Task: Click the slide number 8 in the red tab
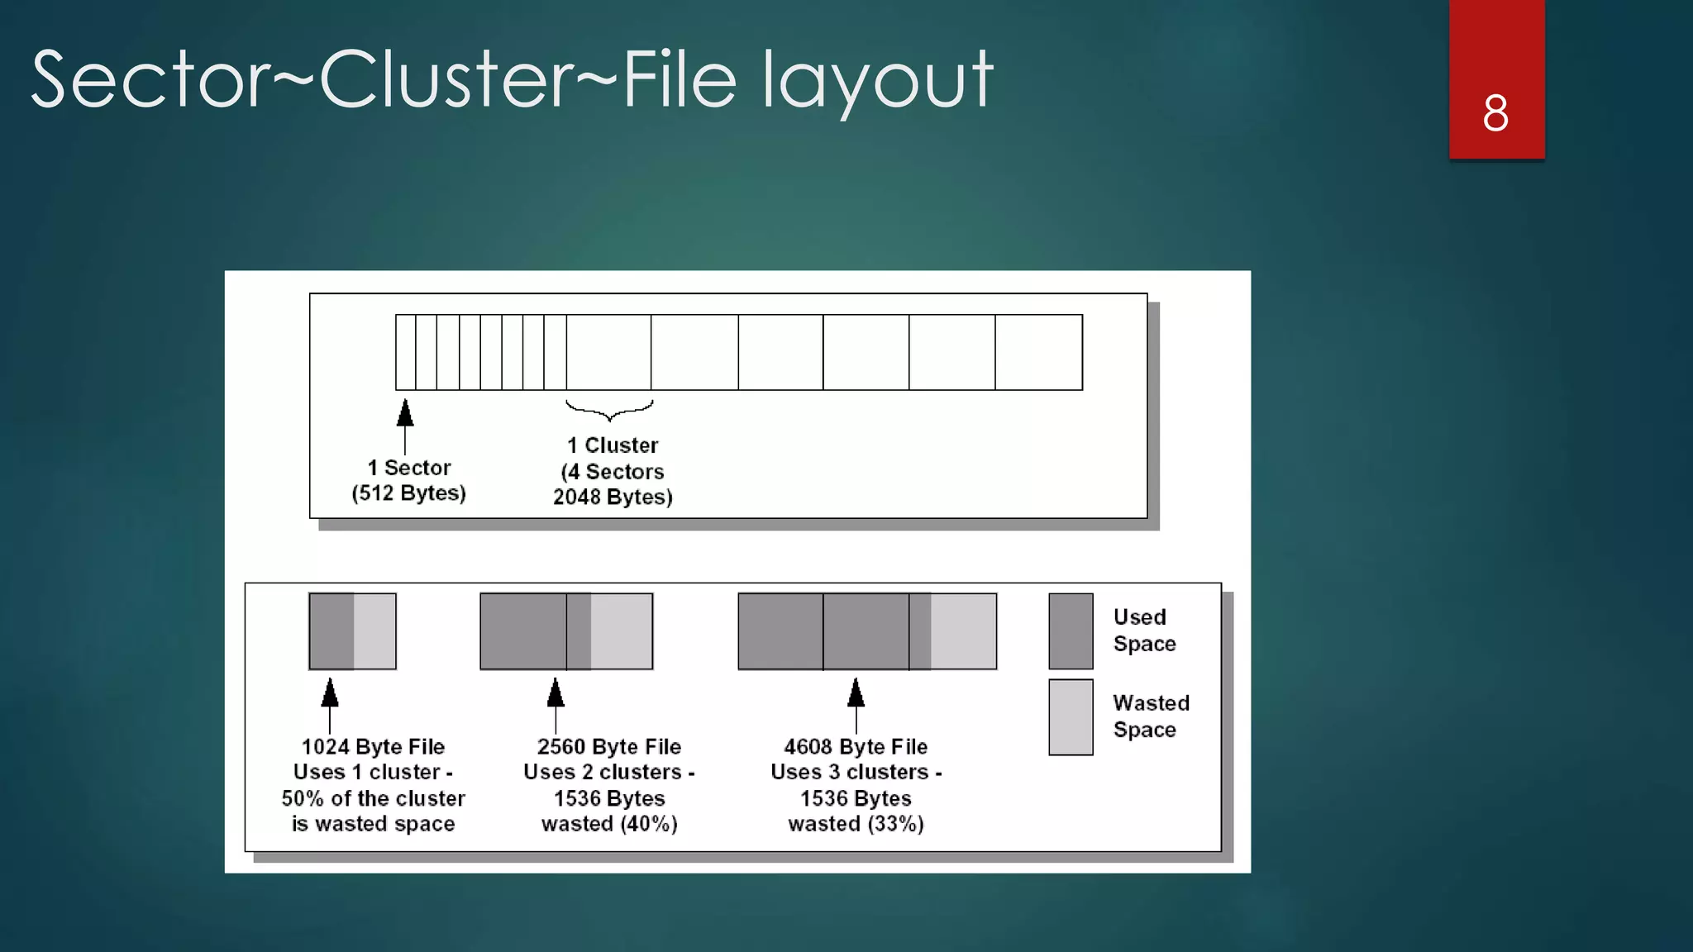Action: tap(1495, 113)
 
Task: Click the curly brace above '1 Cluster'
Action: tap(609, 409)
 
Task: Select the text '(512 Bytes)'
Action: tap(408, 493)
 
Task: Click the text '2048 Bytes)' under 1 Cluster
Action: tap(613, 497)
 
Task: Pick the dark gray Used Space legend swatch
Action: tap(1071, 631)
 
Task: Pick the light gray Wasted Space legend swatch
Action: tap(1071, 717)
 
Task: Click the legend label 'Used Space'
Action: tap(1144, 631)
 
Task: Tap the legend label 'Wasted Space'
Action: tap(1151, 716)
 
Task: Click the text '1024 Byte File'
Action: tap(373, 747)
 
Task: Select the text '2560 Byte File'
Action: tap(609, 747)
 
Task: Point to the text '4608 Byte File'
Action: tap(856, 747)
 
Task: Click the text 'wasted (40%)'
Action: tap(609, 824)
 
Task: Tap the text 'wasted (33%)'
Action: tap(856, 824)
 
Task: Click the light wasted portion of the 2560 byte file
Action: tap(622, 631)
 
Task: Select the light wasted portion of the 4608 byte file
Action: tap(963, 631)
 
